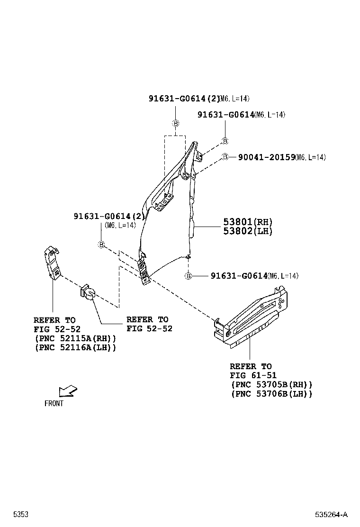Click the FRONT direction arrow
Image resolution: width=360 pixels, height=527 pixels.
tap(68, 391)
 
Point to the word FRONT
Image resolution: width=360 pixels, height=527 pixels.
tap(54, 404)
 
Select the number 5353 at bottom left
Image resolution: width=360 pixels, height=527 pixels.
tap(20, 515)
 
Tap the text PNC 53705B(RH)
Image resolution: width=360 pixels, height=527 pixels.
tap(271, 384)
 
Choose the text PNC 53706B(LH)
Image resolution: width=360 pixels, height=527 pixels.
tap(271, 394)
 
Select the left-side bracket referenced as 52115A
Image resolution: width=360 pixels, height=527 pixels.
tap(52, 263)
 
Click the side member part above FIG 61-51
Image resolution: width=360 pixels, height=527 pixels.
tap(253, 318)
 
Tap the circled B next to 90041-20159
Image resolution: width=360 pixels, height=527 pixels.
tap(225, 157)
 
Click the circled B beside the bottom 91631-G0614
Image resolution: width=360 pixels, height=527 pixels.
tap(188, 276)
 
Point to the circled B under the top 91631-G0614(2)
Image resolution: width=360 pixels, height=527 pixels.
tap(175, 123)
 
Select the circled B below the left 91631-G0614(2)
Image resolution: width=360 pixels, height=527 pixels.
tap(101, 245)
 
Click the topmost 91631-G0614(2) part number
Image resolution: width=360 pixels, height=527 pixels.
tap(184, 99)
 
